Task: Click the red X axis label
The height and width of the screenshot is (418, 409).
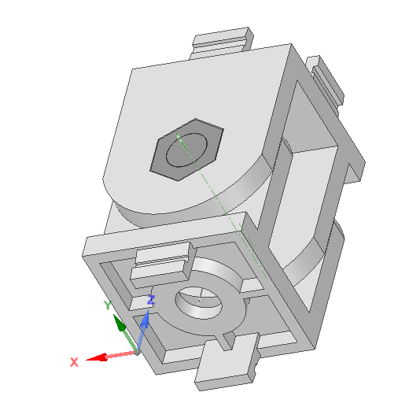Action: pos(74,362)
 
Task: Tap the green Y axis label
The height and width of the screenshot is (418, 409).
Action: pos(108,305)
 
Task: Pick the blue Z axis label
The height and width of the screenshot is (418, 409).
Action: pos(152,300)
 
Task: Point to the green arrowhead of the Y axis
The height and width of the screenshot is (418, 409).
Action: pos(119,324)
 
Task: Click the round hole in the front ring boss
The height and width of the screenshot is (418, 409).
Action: pos(200,301)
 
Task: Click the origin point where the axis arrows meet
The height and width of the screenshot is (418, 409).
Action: pos(138,351)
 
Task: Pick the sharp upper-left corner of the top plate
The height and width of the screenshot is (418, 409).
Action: pos(131,70)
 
